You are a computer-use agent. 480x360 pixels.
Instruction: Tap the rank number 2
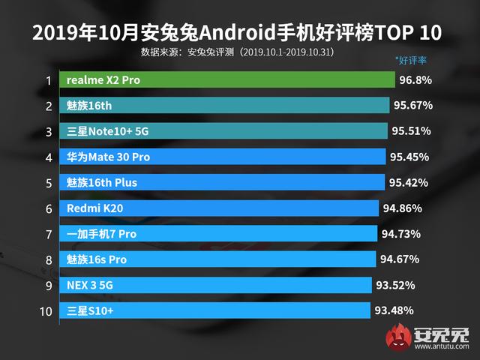click(x=48, y=106)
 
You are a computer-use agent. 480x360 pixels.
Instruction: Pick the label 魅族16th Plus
click(x=102, y=183)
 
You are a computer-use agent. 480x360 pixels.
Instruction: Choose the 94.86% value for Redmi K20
click(x=402, y=208)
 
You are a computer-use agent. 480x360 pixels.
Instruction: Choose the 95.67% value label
click(x=412, y=106)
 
